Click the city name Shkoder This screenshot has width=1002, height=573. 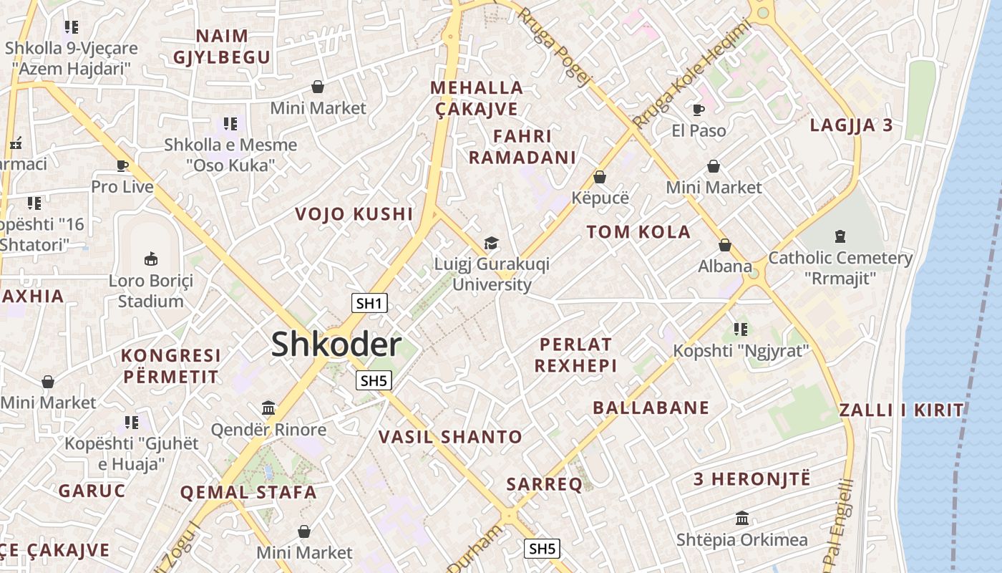[x=336, y=345]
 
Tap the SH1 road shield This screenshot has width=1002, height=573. [x=369, y=303]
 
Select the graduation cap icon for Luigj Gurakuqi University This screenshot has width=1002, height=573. [x=491, y=243]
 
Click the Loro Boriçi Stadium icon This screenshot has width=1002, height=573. [x=151, y=259]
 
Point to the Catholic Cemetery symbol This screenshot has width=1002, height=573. [x=840, y=236]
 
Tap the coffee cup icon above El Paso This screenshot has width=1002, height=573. [x=699, y=110]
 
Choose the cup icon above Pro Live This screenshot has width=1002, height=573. [x=122, y=166]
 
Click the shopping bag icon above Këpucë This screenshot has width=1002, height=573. [x=600, y=176]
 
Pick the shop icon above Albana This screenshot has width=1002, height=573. [x=725, y=245]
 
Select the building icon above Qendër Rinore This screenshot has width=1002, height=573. [x=268, y=408]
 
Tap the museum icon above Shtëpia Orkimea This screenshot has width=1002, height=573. [x=742, y=518]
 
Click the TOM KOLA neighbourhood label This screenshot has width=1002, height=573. [x=638, y=232]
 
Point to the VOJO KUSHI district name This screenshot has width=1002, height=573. [x=354, y=214]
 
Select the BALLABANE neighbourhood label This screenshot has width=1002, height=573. [x=651, y=408]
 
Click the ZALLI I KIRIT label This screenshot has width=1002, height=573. [x=901, y=410]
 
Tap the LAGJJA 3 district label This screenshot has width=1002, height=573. [x=851, y=125]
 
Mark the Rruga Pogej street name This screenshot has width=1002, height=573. [x=553, y=47]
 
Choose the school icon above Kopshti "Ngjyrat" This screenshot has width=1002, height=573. [x=741, y=329]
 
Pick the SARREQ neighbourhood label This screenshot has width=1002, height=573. [x=544, y=484]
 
